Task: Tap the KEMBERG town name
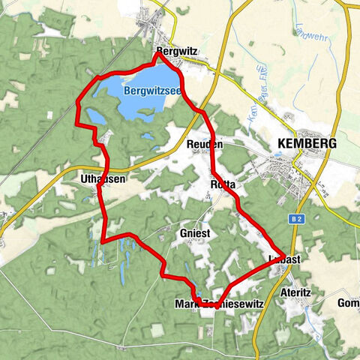point(307,143)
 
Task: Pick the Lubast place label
point(284,259)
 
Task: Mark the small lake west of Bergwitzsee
point(96,116)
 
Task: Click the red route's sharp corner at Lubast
point(283,255)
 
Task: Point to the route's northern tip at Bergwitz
point(157,52)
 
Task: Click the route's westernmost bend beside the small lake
point(77,107)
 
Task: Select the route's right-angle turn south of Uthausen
point(102,240)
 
